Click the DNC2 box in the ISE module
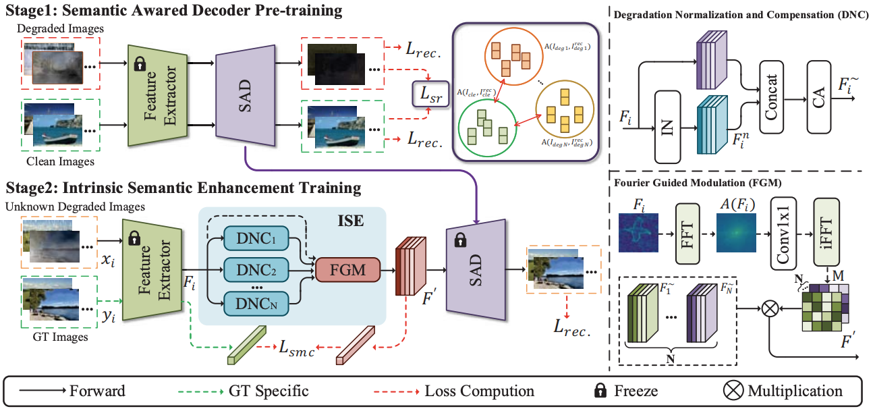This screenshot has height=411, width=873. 256,271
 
